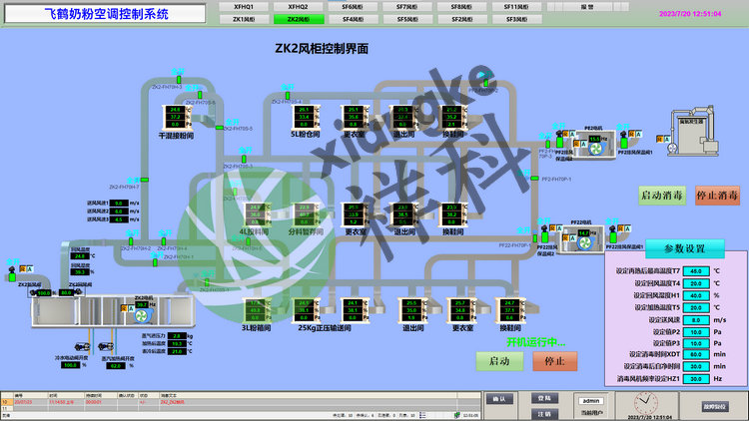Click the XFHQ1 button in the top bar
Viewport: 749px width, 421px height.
pos(244,6)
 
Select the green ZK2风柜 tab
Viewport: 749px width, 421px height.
pos(298,19)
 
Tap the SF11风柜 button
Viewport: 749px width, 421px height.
pos(515,6)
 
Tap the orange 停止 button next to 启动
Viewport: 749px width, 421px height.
pos(555,361)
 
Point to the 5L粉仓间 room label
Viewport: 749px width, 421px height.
pos(307,133)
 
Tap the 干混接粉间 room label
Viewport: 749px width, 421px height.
pos(176,134)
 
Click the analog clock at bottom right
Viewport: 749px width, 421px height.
pos(644,403)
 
